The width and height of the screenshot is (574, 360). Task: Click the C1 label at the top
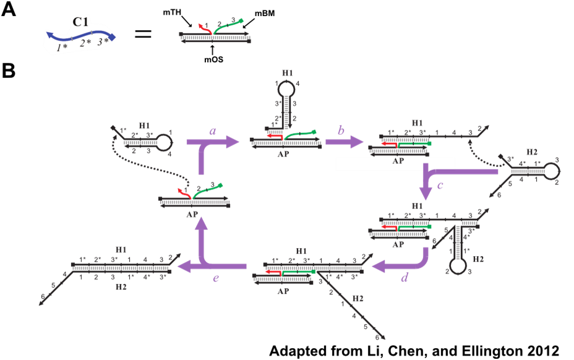(x=80, y=22)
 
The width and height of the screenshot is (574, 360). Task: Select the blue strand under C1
(x=80, y=35)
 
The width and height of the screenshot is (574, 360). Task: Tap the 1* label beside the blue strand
(x=61, y=47)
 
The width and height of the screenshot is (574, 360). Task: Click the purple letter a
(x=213, y=131)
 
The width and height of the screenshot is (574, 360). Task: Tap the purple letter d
(x=405, y=278)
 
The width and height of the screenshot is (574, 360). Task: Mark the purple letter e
(x=215, y=278)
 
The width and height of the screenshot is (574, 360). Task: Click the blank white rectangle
(x=395, y=164)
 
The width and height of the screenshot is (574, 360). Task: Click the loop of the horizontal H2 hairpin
(x=549, y=171)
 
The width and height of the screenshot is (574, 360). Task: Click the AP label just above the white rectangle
(x=398, y=158)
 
